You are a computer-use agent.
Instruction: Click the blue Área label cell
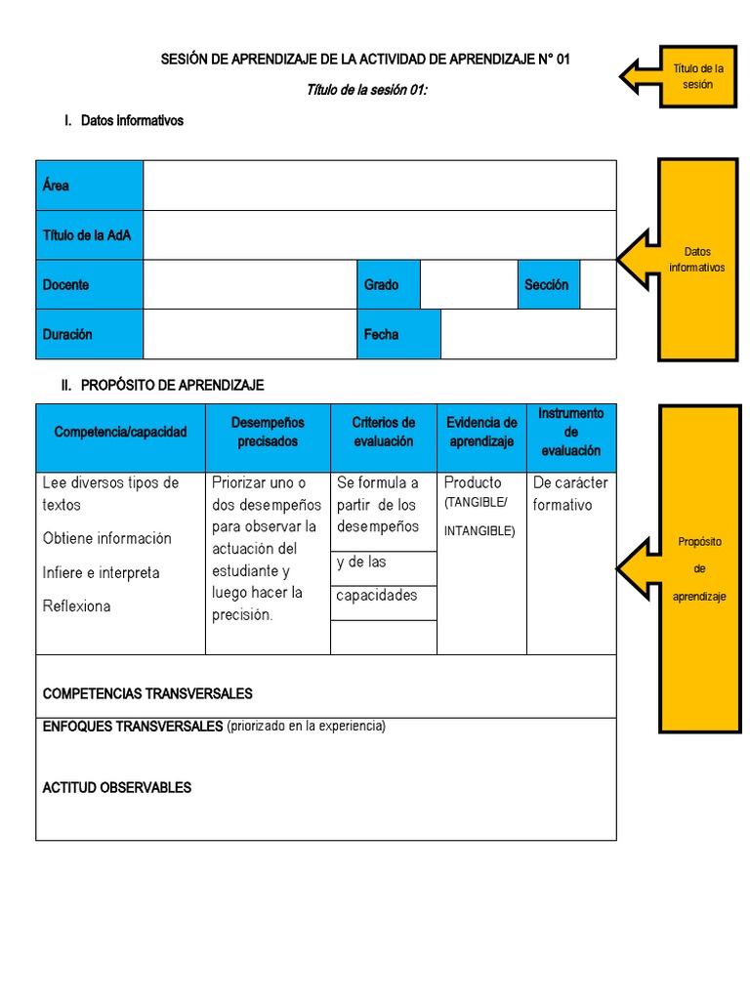click(x=90, y=186)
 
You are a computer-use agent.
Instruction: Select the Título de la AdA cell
click(x=90, y=235)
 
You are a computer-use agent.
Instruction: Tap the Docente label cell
click(x=90, y=285)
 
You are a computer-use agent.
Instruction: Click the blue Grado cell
click(x=388, y=285)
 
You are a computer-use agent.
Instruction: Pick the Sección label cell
click(x=548, y=285)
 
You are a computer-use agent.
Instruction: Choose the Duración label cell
click(x=90, y=334)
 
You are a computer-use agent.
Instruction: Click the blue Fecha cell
click(x=398, y=334)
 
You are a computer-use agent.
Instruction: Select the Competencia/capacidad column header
click(x=120, y=432)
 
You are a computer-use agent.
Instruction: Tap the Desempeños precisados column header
click(x=268, y=432)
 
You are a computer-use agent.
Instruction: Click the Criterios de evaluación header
click(x=384, y=432)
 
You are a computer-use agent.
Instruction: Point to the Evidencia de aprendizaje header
click(x=481, y=432)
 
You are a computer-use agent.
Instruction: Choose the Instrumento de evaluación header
click(x=571, y=432)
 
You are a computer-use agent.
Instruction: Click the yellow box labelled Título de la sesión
click(x=698, y=75)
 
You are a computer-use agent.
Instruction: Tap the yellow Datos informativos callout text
click(x=697, y=260)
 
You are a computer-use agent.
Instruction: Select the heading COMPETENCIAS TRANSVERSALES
click(x=147, y=693)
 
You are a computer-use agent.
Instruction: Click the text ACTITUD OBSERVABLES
click(x=117, y=787)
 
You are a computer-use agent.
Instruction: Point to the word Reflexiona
click(x=77, y=606)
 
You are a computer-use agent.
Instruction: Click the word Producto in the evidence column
click(x=473, y=482)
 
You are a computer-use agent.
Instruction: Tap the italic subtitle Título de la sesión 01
click(x=367, y=90)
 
